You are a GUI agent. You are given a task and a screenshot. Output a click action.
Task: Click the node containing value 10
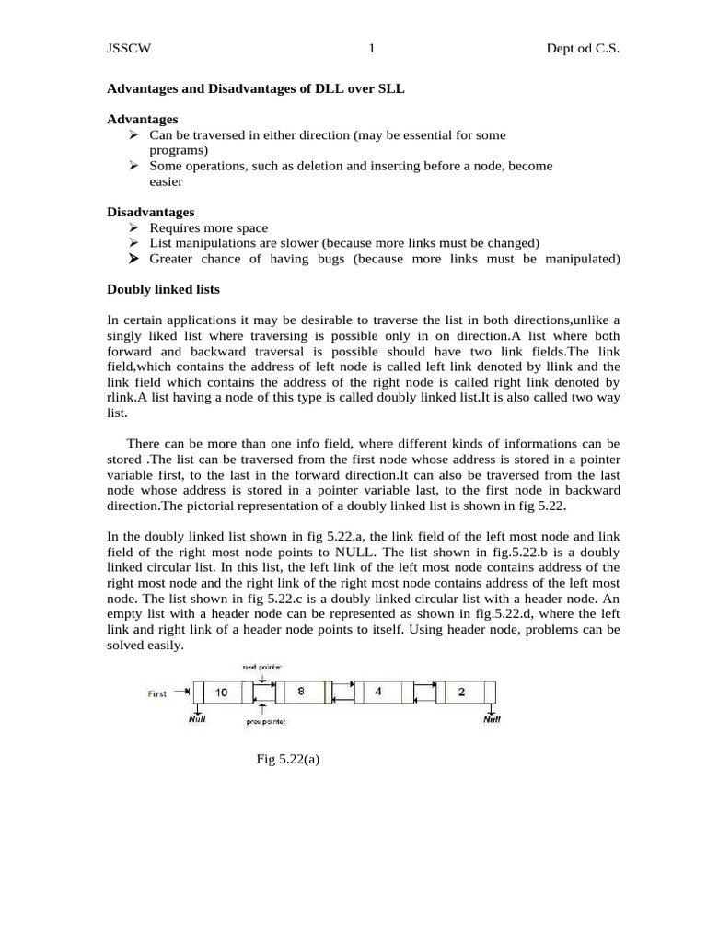tap(221, 692)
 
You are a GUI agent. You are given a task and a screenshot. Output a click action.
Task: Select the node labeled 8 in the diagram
tap(301, 692)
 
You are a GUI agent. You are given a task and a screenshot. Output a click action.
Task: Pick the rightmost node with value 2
tap(462, 692)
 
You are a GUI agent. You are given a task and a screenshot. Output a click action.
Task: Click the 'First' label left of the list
tap(157, 693)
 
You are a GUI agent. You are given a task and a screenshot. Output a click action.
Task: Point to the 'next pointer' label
tap(261, 666)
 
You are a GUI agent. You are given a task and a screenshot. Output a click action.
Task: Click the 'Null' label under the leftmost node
tap(197, 719)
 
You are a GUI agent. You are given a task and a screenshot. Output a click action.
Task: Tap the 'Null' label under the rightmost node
tap(493, 719)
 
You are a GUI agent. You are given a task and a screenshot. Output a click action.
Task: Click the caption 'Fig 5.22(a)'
tap(287, 760)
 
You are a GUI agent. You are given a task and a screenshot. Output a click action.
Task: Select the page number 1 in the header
tap(371, 50)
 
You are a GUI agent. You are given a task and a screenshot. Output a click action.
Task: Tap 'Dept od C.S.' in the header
tap(583, 50)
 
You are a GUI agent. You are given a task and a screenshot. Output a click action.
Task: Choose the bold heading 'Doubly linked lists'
tap(164, 289)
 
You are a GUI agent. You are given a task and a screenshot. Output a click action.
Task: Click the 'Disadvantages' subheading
tap(151, 212)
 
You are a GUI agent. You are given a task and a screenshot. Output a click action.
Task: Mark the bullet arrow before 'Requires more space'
tap(134, 227)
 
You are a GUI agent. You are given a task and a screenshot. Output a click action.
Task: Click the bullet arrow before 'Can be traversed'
tap(134, 135)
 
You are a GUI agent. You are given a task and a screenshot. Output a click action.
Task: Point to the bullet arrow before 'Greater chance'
tap(134, 259)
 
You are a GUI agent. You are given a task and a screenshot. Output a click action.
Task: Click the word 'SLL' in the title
tap(389, 88)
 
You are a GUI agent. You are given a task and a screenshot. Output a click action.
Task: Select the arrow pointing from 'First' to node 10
tap(183, 693)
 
